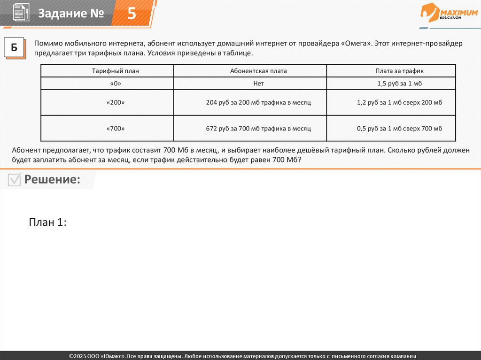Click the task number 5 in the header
[x=132, y=14]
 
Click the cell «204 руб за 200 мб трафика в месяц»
[x=258, y=102]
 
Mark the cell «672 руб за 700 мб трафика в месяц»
[x=258, y=128]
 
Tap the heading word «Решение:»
[x=52, y=179]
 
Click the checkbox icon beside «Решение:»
[x=15, y=180]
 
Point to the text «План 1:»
[x=47, y=222]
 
